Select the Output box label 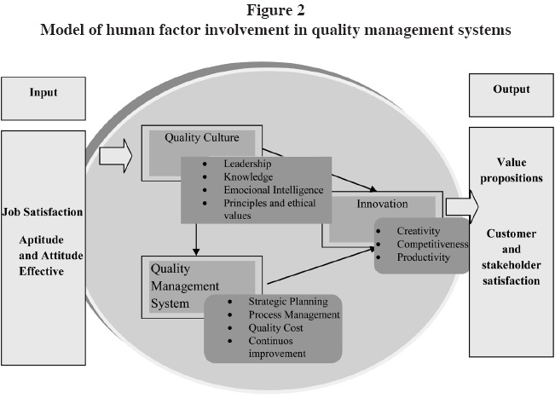tap(511, 89)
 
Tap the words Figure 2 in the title tap(277, 13)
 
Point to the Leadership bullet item tap(246, 162)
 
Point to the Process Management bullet tap(293, 315)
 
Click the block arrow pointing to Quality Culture tap(115, 156)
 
